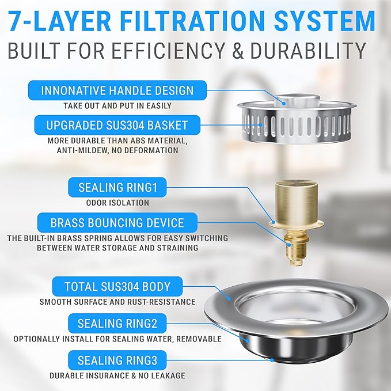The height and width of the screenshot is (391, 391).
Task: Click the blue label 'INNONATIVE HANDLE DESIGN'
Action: tap(117, 90)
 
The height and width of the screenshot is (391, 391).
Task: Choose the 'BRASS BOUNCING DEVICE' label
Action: tap(117, 223)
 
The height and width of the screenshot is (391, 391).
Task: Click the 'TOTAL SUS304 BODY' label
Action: tap(117, 286)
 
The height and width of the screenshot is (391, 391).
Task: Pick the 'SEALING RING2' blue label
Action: tap(117, 324)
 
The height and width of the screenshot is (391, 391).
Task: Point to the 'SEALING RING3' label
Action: tap(117, 361)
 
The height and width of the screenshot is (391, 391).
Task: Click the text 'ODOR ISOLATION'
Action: tap(117, 203)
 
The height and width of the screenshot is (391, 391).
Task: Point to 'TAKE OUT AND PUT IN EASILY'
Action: tap(117, 106)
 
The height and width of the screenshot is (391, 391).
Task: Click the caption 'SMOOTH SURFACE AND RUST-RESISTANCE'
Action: tap(117, 302)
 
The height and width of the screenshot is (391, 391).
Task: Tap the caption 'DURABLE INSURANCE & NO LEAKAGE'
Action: tap(117, 376)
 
